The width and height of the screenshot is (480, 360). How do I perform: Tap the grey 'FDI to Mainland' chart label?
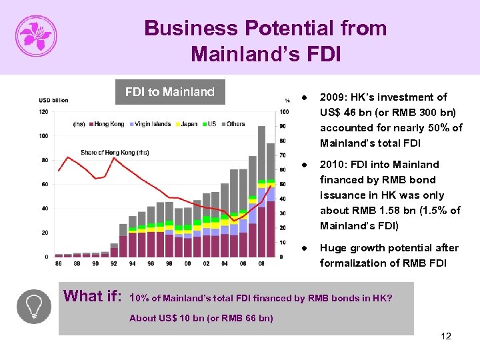(x=170, y=92)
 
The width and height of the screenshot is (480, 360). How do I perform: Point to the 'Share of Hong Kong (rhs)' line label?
(x=114, y=153)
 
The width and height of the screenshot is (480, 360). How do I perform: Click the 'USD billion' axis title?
(x=53, y=100)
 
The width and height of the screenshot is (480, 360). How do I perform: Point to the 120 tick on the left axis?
(x=43, y=111)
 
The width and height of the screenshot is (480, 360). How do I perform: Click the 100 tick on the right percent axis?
(x=285, y=111)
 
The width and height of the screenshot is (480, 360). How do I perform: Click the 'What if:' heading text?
(x=93, y=296)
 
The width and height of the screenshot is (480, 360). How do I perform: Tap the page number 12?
(x=446, y=336)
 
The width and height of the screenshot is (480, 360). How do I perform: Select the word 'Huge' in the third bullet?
(x=333, y=248)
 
